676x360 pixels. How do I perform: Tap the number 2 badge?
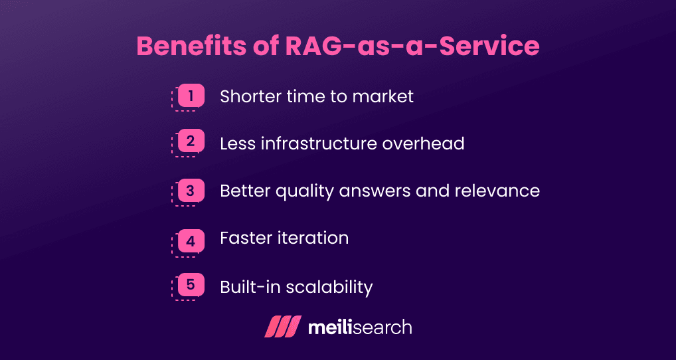[191, 141]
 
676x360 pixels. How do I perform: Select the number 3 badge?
[191, 191]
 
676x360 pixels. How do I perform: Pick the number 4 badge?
[191, 241]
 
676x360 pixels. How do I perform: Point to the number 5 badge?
[191, 286]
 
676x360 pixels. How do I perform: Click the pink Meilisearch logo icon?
[283, 327]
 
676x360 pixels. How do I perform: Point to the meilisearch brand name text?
[360, 327]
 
